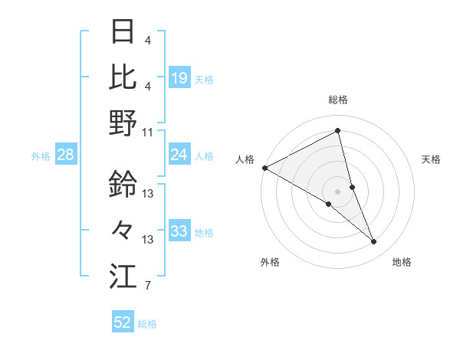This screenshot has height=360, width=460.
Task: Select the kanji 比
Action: coord(123,76)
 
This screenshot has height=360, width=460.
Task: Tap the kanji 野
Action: coord(123,123)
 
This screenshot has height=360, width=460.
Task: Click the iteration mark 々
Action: coord(123,229)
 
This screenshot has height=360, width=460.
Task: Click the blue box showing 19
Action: coord(179,78)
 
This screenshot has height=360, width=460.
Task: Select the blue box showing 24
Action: coord(179,155)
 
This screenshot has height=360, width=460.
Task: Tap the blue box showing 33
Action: coord(179,231)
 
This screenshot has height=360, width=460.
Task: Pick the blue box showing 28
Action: coord(66,155)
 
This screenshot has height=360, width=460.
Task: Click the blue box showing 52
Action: coord(123,322)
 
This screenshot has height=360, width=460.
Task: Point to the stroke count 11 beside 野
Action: coord(148,132)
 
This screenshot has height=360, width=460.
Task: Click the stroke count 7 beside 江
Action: coord(148,286)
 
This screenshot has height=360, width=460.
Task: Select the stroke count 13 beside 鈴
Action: coord(148,194)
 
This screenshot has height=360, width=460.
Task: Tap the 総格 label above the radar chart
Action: coord(338,100)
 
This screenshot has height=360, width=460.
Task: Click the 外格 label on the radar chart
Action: coord(270,263)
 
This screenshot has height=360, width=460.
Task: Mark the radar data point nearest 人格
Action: coord(264,167)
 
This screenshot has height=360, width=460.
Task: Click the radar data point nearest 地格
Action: coord(374,242)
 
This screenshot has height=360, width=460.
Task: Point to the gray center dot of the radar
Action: coord(337,191)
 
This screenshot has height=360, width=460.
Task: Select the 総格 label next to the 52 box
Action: coord(147,324)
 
